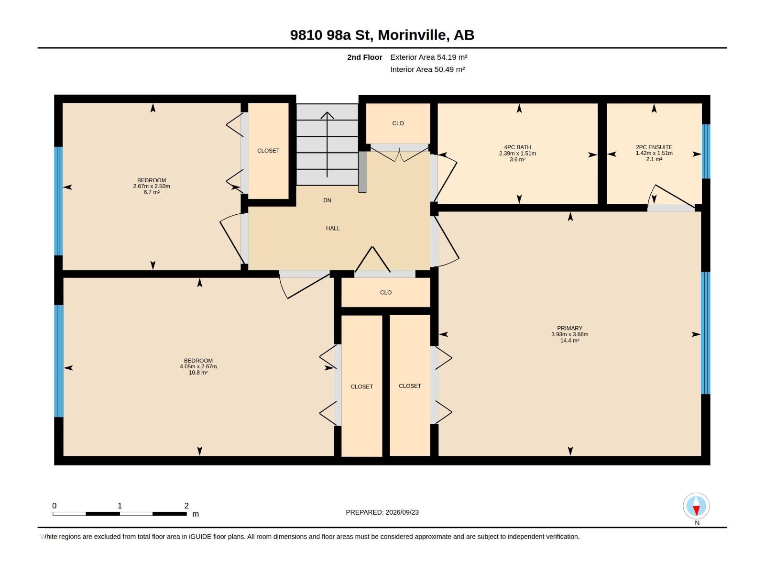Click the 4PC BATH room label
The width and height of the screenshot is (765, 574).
click(517, 147)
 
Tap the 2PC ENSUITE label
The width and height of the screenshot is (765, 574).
click(654, 147)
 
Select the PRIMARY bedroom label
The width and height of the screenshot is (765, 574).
click(569, 328)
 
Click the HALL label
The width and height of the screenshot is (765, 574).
click(333, 228)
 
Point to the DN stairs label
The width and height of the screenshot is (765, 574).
click(327, 200)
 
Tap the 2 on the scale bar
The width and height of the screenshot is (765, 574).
click(186, 506)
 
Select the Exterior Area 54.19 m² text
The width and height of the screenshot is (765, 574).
click(429, 57)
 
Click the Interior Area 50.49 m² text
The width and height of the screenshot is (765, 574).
click(427, 69)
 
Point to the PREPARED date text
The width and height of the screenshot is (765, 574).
click(382, 512)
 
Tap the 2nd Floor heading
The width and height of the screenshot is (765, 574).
click(364, 57)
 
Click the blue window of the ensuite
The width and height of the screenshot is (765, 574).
click(705, 151)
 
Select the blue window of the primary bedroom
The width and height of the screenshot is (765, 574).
click(705, 333)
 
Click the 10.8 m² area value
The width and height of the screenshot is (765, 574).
click(198, 373)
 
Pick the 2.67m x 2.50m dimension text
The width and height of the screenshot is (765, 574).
click(152, 186)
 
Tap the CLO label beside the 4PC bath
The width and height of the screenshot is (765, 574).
click(398, 123)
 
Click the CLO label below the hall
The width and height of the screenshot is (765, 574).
click(385, 292)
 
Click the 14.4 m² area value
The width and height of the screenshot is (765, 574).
click(569, 341)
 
